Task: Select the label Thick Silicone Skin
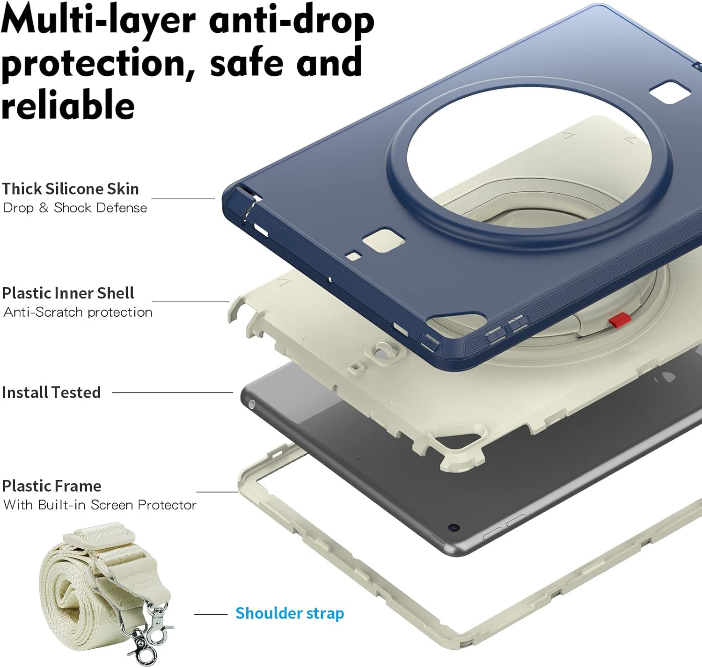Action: point(70,189)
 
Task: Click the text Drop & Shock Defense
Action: point(75,208)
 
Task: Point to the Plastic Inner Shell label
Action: point(68,293)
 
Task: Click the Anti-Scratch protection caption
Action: point(78,312)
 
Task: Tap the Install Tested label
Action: point(51,392)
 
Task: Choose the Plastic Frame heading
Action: point(52,486)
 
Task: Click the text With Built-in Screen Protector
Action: point(100,505)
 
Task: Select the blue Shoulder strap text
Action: point(290,613)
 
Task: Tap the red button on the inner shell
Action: point(620,319)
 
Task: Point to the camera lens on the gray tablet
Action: point(454,527)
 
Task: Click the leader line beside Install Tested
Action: point(173,393)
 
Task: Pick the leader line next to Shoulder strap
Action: point(211,614)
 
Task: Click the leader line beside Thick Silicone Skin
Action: point(183,199)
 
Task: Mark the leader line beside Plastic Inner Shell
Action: point(190,302)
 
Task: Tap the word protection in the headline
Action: point(98,64)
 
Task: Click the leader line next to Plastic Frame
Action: point(217,492)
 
